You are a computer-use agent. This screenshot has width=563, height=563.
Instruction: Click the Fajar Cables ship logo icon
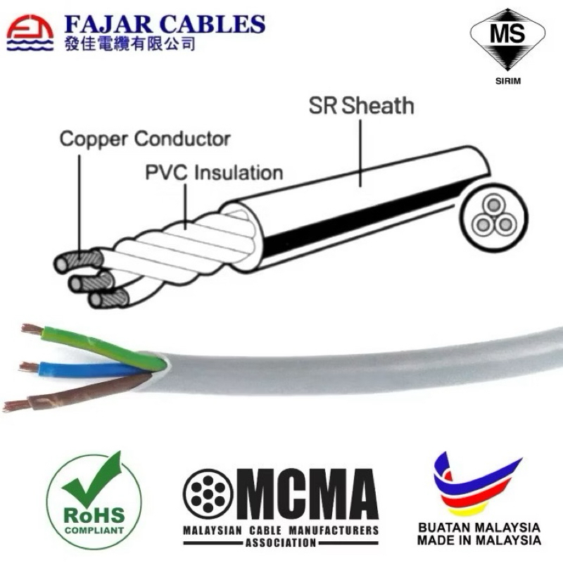coord(29,34)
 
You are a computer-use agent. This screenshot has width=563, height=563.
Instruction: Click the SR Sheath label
coord(361,106)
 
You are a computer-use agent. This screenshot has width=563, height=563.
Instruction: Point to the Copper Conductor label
coord(144,138)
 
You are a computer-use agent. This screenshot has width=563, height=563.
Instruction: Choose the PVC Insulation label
coord(214,172)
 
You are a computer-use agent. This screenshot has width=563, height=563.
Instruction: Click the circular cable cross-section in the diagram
coord(493,215)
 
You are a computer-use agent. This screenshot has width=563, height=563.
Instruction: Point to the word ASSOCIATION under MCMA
coord(281,543)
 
